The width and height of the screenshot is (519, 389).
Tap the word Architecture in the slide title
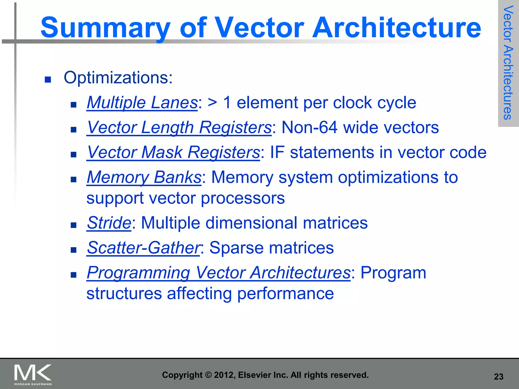click(396, 27)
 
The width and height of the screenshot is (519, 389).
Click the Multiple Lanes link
click(142, 103)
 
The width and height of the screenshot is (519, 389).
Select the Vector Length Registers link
click(179, 127)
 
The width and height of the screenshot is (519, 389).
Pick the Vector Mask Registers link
click(173, 152)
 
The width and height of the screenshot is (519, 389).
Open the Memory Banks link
click(144, 177)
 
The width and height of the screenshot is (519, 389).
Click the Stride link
click(109, 223)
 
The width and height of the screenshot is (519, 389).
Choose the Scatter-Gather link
click(143, 247)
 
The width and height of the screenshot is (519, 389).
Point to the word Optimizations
click(118, 77)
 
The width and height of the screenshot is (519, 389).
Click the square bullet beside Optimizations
click(48, 80)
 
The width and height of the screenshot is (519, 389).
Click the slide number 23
click(498, 377)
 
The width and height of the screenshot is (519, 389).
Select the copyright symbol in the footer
click(208, 375)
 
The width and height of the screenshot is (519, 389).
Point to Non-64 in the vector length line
click(309, 127)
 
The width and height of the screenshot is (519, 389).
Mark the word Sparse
click(236, 247)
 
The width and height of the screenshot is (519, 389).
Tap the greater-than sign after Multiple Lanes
click(212, 103)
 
